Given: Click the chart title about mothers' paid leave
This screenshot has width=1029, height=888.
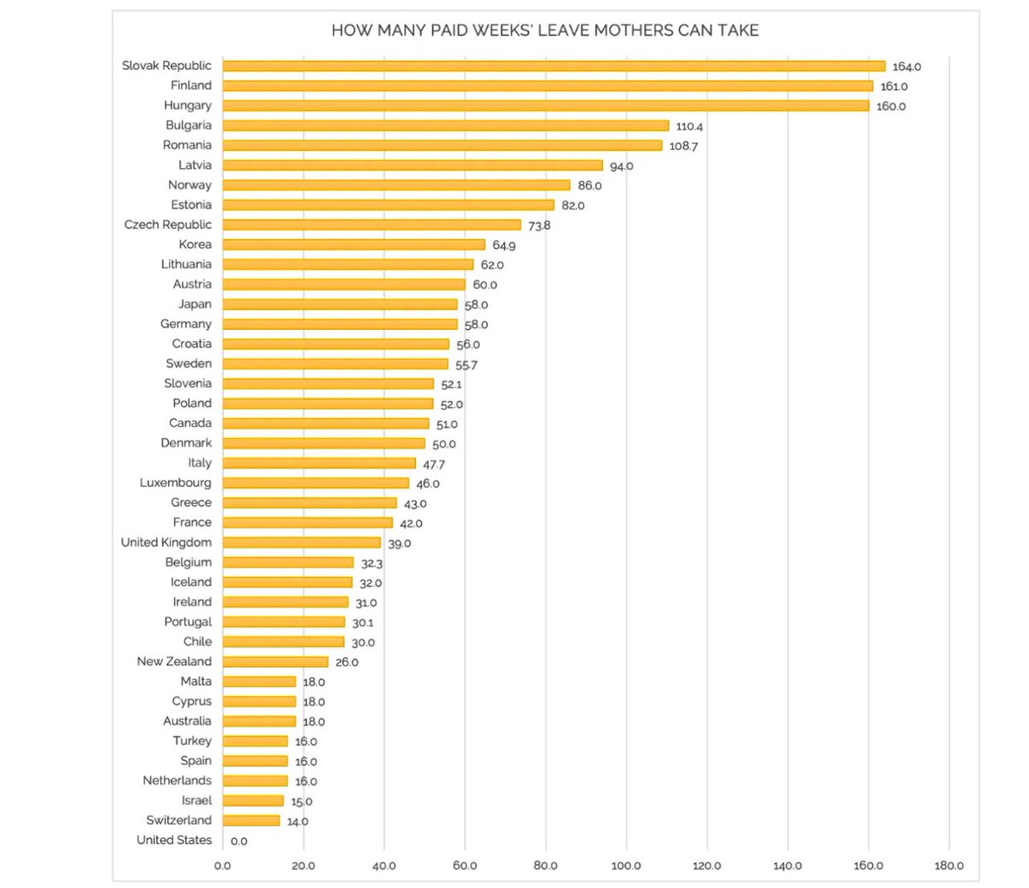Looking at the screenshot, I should click(545, 31).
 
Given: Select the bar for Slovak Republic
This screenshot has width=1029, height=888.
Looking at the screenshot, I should click(553, 66).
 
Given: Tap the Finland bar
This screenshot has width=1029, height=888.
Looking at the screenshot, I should click(547, 86).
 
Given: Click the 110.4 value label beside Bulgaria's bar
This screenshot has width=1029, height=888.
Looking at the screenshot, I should click(689, 126).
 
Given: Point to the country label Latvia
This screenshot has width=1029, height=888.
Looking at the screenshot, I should click(195, 165).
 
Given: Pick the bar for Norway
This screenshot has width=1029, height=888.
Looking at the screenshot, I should click(396, 185).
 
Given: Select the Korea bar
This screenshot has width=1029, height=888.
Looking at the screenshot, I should click(353, 245).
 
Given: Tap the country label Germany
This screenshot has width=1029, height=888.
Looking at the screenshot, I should click(185, 324).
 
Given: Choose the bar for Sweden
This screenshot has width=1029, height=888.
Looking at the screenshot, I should click(334, 363).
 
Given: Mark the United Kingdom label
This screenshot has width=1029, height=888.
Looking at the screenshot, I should click(165, 543).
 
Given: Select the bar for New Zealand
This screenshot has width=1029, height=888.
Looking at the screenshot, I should click(275, 662).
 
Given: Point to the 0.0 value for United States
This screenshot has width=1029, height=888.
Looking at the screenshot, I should click(238, 841).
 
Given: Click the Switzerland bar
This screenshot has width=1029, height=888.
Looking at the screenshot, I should click(251, 820).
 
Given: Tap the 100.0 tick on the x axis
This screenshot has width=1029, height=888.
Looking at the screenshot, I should click(626, 866).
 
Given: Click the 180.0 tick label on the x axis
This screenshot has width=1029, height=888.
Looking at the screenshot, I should click(949, 866).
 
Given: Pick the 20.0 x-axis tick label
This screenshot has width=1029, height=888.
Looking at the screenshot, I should click(303, 866).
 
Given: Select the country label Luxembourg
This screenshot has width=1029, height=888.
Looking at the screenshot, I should click(175, 483).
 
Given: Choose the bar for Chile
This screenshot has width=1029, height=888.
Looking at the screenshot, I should click(283, 642).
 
